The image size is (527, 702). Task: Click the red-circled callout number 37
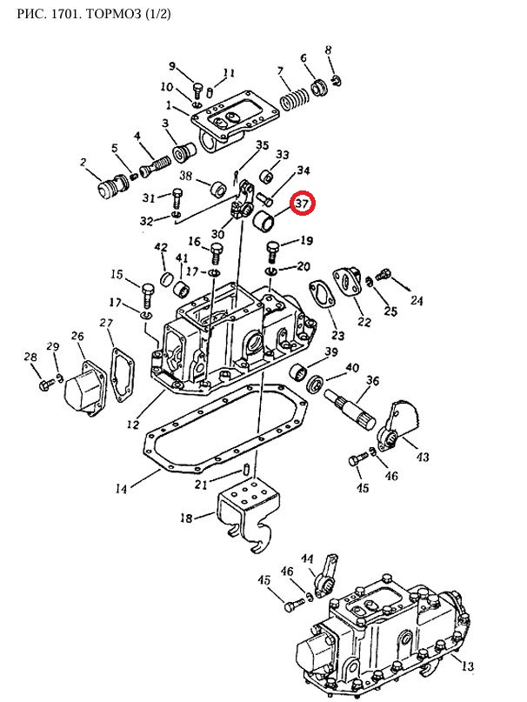coord(303,204)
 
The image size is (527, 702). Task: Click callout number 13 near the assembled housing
coord(467,665)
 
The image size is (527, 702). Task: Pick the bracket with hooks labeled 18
coord(246,515)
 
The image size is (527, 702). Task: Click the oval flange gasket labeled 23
coord(323,298)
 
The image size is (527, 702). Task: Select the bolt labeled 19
coord(273,251)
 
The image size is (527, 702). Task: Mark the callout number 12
coord(133,423)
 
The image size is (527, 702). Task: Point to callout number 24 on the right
coord(417,300)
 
